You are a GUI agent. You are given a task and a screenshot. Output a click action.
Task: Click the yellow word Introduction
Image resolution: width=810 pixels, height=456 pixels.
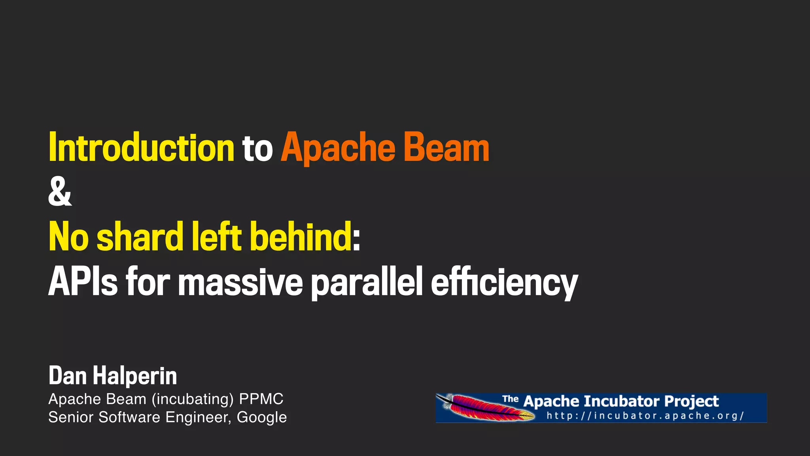(x=141, y=148)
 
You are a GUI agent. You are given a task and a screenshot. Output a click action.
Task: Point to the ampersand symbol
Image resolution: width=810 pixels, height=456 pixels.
(x=60, y=192)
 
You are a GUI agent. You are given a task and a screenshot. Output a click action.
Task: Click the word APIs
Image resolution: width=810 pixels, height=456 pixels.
(x=83, y=281)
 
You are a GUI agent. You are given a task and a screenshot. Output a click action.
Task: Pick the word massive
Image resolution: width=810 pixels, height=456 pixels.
(x=240, y=282)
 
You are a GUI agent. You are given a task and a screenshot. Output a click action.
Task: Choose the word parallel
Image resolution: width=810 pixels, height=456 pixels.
(x=367, y=282)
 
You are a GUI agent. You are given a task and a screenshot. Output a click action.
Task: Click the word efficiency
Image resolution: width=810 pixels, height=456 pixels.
(x=504, y=282)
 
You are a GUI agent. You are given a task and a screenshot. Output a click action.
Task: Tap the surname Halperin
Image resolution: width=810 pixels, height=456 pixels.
(x=134, y=376)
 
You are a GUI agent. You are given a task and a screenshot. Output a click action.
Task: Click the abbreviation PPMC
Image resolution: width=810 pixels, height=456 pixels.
(x=261, y=399)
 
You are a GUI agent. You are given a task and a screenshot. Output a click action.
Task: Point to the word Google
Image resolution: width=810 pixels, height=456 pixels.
(x=261, y=417)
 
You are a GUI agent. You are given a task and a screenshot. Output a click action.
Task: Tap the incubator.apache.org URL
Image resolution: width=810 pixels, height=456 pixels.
(x=645, y=416)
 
